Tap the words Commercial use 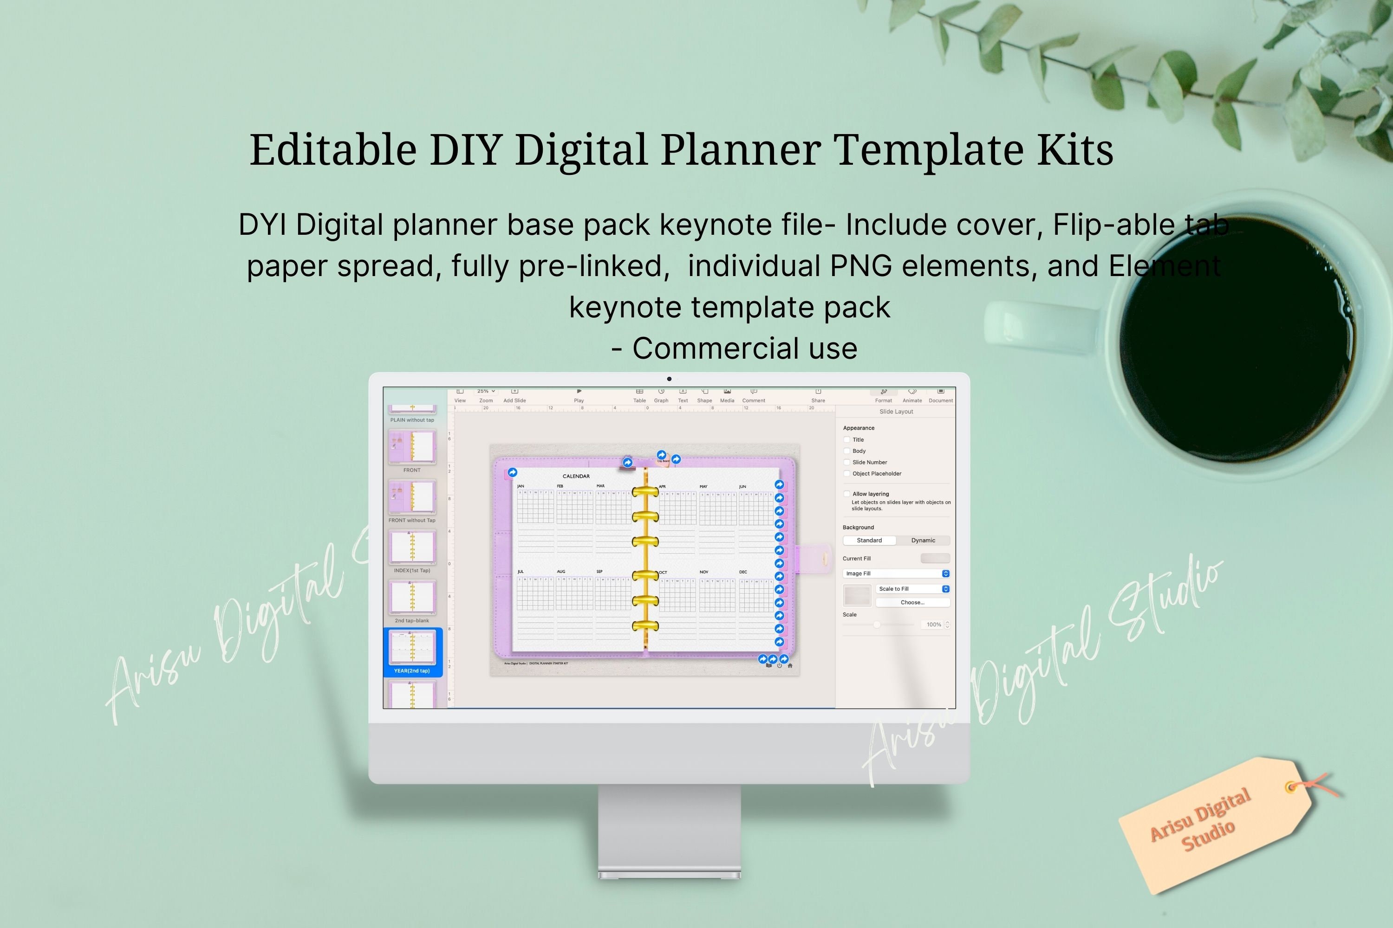point(744,348)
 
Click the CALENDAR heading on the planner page point(576,477)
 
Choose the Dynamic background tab point(923,541)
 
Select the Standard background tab point(869,541)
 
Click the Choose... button point(912,602)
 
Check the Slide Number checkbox point(847,462)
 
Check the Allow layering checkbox point(847,494)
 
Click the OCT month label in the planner point(663,572)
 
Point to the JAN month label point(521,486)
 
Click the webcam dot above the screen point(669,379)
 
